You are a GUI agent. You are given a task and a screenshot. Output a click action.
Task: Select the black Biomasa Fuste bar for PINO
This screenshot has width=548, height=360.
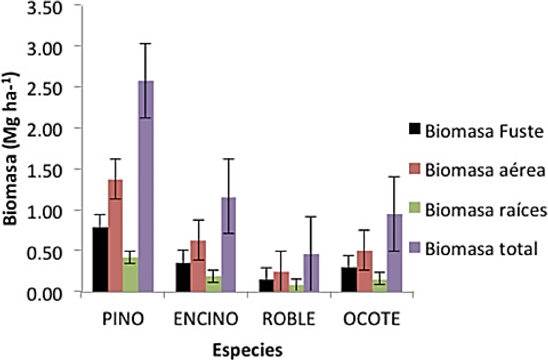pyautogui.click(x=100, y=260)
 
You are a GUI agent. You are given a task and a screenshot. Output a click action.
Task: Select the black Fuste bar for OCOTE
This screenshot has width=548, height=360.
pyautogui.click(x=350, y=279)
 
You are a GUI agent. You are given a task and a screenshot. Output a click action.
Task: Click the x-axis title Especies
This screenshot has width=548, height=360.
pyautogui.click(x=248, y=350)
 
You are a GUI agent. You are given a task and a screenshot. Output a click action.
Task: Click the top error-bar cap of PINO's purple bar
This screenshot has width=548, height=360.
pyautogui.click(x=146, y=44)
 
